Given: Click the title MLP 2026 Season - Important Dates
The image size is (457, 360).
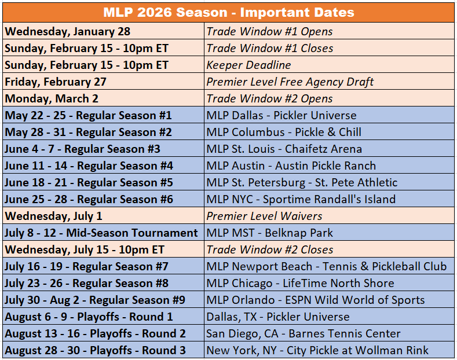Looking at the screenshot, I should click(228, 12).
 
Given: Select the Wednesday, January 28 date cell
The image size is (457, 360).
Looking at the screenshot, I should click(68, 31).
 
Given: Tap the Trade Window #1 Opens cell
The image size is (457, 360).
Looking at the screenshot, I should click(269, 31).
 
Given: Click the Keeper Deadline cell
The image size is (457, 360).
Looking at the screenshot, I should click(249, 65).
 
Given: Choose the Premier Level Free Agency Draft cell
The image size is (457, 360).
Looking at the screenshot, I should click(290, 82).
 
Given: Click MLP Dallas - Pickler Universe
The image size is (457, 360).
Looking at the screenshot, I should click(281, 115).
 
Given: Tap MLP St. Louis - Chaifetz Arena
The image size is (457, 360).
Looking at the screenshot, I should click(284, 149).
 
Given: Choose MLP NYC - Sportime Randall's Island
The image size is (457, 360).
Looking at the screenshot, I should click(301, 199).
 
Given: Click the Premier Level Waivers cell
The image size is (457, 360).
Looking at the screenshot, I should click(264, 216).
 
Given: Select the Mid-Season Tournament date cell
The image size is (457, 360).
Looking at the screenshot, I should click(101, 233).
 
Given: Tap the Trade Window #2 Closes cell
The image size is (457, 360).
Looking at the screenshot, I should click(270, 249).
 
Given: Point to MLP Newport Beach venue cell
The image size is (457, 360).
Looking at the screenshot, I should click(327, 266).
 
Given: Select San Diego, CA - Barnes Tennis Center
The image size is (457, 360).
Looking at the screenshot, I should click(304, 333).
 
